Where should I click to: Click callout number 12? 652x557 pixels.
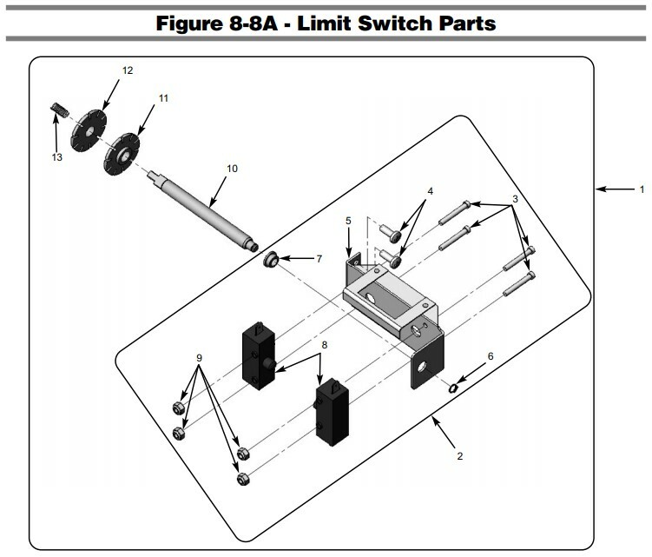point(128,70)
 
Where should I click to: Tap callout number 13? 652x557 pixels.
point(57,157)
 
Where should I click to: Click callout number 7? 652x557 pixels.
point(319,258)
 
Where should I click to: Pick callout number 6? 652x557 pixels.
point(490,356)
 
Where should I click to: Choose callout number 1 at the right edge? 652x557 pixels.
point(642,188)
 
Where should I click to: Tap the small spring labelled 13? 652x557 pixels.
point(58,110)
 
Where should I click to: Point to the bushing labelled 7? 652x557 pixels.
point(271,260)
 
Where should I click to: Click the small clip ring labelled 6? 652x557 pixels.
point(454,386)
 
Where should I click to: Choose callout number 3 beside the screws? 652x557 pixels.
point(515,199)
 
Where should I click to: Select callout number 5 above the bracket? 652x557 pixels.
point(348,221)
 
